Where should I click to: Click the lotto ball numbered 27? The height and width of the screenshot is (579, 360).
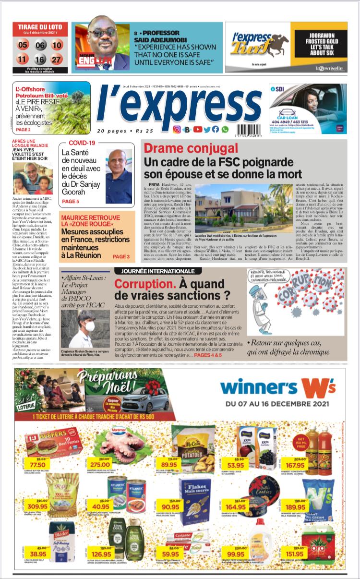coord(57,60)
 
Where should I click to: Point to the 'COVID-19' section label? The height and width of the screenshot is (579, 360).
coord(82,143)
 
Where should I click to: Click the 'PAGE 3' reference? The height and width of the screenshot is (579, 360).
coord(121,257)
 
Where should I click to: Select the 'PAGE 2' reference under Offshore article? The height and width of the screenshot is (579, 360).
coord(23,130)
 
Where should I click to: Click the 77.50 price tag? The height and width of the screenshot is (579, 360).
coord(37,465)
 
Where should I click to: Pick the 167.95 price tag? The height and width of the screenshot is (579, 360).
coord(295,465)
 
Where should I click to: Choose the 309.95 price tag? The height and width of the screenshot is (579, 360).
coord(37,506)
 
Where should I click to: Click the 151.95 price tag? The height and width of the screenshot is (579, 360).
coord(294,554)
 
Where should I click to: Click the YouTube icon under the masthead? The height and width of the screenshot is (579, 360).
coord(198,129)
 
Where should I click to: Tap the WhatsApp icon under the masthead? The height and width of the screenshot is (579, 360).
coord(225,129)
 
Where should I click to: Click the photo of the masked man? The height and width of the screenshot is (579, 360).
coord(85,328)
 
